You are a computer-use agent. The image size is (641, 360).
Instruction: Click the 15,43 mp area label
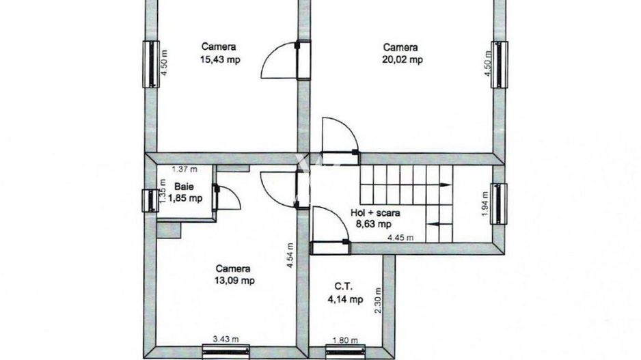click(x=219, y=59)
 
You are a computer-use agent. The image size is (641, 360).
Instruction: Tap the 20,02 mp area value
click(x=402, y=59)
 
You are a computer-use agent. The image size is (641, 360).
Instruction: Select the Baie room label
click(x=182, y=186)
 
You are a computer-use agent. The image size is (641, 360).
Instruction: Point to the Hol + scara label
click(x=374, y=212)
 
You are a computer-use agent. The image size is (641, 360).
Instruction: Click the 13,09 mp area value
click(x=236, y=280)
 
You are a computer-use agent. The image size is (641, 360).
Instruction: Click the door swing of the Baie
click(x=229, y=198)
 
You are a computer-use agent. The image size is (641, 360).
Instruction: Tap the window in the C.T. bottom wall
click(x=342, y=351)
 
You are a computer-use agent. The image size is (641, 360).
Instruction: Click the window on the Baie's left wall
click(x=149, y=200)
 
